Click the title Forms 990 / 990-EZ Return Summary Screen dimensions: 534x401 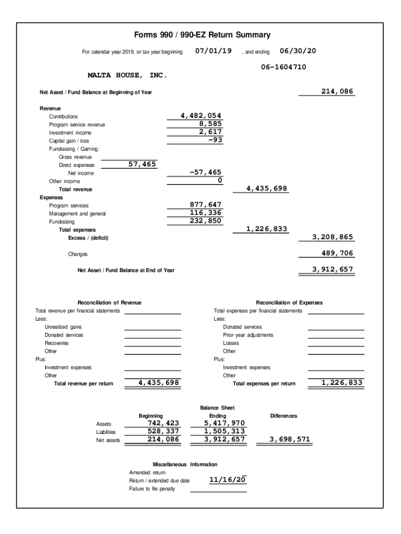202,35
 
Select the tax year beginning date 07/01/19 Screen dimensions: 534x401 214,51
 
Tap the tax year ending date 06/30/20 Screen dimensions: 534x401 298,51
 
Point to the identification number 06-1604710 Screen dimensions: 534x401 283,67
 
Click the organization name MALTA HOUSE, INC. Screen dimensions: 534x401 128,76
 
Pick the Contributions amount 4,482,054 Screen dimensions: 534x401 201,116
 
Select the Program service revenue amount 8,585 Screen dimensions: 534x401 210,124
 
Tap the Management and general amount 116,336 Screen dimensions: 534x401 205,213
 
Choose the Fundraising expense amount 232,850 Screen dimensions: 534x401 205,221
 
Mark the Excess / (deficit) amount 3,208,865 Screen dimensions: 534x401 332,237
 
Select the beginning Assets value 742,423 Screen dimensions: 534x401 163,423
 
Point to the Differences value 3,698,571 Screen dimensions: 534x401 289,440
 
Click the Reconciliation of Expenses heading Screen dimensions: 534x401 289,302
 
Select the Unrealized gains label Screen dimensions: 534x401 63,327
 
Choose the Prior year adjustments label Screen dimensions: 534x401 248,335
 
